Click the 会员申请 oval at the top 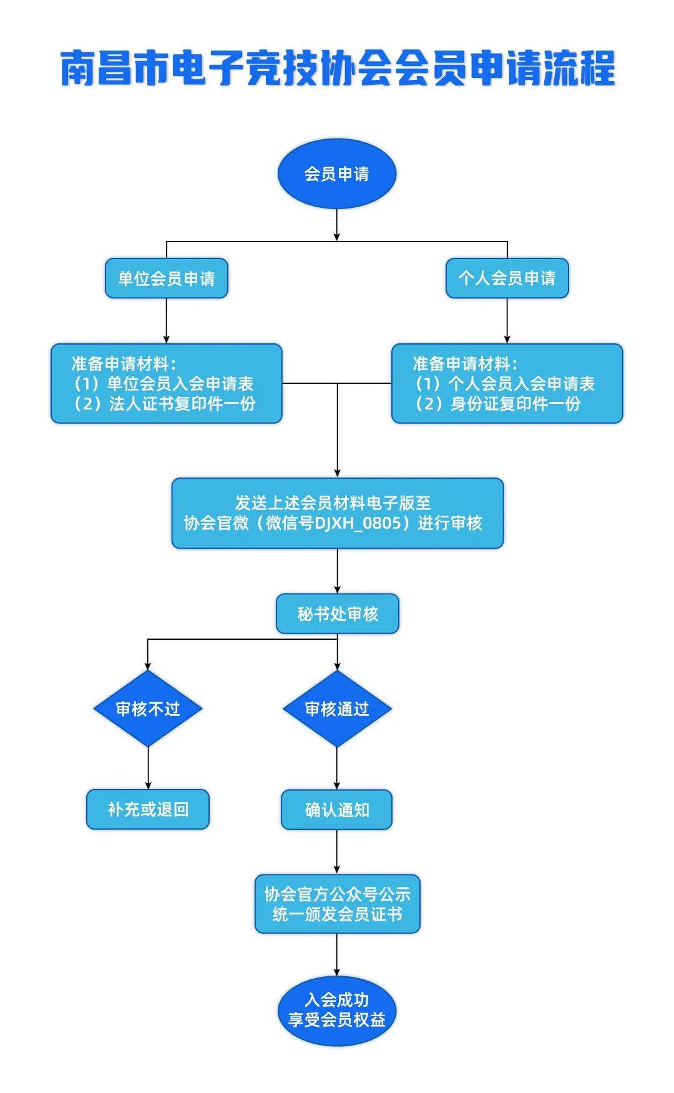tap(336, 174)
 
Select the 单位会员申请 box tap(166, 278)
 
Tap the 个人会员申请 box tap(507, 278)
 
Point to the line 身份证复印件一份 tap(498, 404)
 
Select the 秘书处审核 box tap(337, 614)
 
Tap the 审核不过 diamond tap(148, 708)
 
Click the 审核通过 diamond tap(337, 708)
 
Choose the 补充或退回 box tap(148, 810)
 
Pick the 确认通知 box tap(337, 810)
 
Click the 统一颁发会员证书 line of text tap(337, 914)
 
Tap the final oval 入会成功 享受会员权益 tap(336, 1010)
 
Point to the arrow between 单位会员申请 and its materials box tap(167, 321)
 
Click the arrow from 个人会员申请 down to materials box tap(507, 321)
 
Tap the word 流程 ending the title tap(580, 69)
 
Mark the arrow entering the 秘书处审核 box tap(337, 572)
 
